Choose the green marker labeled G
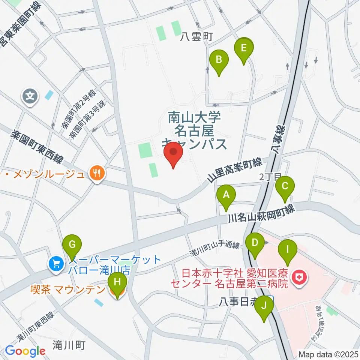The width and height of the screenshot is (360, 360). (x=72, y=246)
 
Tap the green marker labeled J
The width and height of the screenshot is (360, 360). (x=264, y=306)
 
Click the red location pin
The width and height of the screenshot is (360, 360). (x=173, y=153)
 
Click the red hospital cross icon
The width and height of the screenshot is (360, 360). (x=300, y=277)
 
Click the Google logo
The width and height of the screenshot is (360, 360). (x=25, y=351)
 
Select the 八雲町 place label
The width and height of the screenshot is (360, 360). (x=196, y=37)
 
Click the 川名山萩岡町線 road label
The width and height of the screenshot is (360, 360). (x=261, y=213)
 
